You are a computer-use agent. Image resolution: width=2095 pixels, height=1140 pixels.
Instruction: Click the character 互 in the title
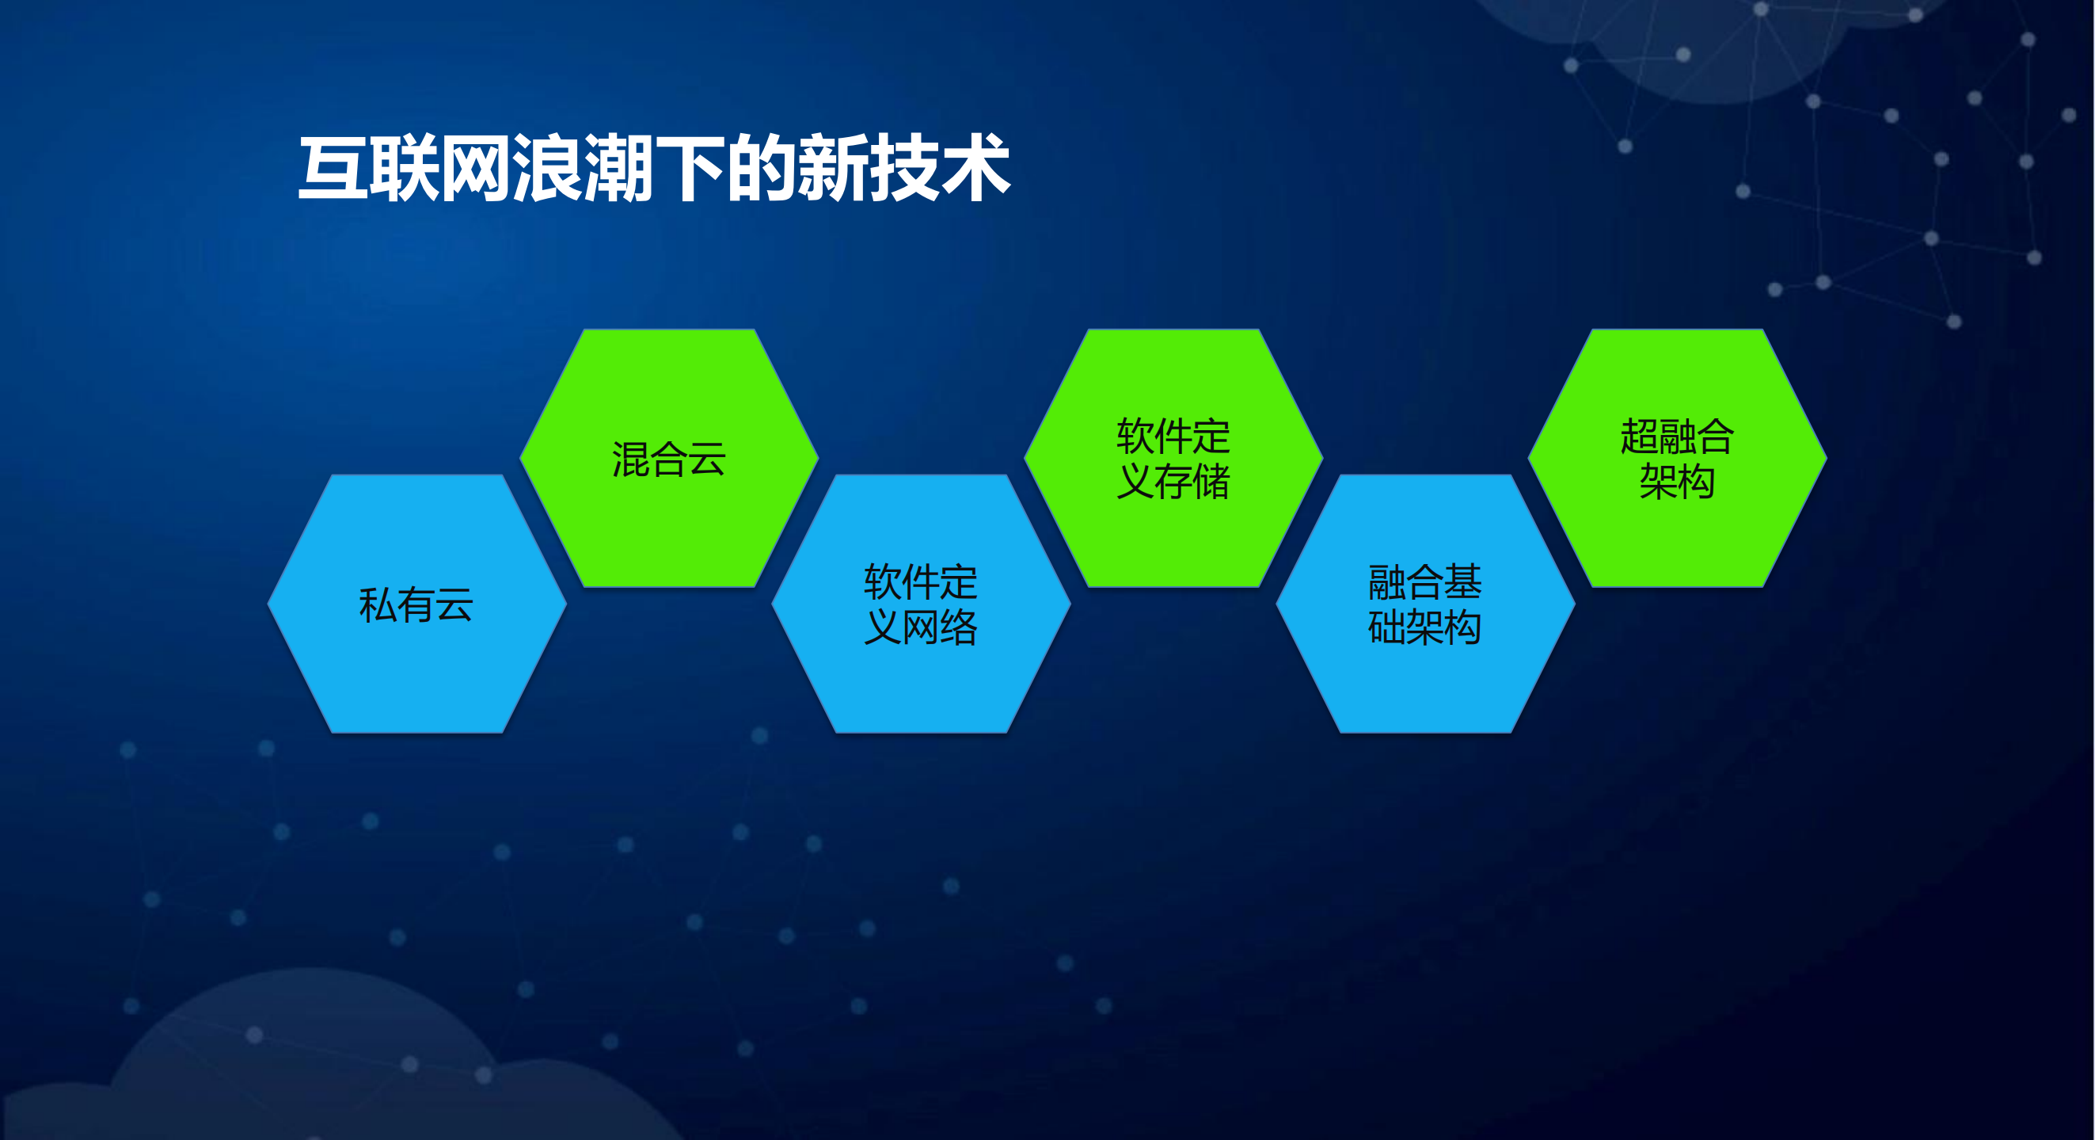(x=332, y=170)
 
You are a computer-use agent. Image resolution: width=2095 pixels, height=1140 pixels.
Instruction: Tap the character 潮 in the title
(x=618, y=170)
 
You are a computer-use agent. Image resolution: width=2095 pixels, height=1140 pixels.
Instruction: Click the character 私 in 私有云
(x=378, y=605)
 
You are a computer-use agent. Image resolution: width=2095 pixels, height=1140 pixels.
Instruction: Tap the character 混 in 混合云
(x=630, y=459)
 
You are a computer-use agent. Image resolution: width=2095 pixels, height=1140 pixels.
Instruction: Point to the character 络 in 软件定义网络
(x=959, y=627)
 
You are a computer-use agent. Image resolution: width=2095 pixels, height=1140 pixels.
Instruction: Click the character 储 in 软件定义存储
(x=1211, y=482)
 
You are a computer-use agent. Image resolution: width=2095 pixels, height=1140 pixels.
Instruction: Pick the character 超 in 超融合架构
(x=1639, y=437)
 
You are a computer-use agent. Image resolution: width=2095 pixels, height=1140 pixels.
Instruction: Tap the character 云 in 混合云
(x=706, y=459)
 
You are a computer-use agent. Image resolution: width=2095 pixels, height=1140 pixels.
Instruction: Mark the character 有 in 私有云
(x=416, y=605)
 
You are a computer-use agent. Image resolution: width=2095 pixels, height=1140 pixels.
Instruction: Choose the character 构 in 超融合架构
(x=1697, y=482)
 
